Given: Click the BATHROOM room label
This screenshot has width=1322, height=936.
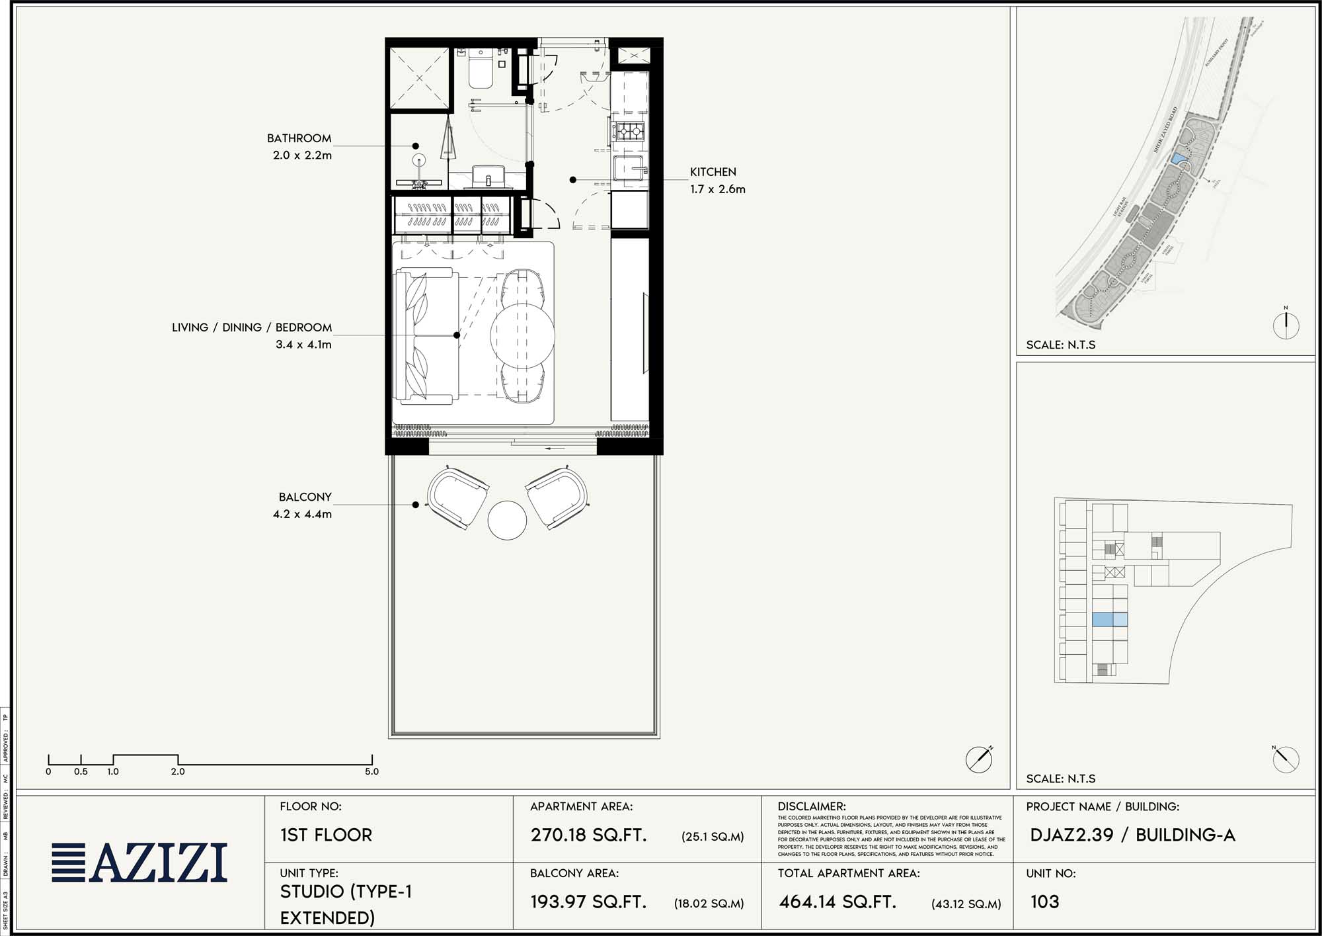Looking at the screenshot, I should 299,138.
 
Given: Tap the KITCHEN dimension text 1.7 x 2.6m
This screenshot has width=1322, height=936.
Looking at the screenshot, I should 717,189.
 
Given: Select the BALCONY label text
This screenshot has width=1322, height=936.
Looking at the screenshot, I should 305,497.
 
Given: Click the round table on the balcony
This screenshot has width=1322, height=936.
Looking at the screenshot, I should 507,520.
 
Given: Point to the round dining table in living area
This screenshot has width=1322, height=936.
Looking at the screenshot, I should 522,335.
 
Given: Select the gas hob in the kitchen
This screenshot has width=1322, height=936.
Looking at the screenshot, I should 629,130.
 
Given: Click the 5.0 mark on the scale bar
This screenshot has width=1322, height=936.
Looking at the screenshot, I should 371,771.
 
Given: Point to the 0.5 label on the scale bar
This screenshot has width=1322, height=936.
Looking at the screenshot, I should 81,771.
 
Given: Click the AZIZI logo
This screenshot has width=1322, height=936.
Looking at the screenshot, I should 140,863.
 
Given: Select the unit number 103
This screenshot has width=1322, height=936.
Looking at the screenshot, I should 1044,902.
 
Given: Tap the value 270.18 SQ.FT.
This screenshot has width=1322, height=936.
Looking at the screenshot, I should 588,835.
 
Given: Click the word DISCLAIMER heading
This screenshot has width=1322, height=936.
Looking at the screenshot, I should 812,806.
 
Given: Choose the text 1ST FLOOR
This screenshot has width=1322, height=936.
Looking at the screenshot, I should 326,835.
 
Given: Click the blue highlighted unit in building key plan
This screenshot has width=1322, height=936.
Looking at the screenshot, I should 1109,620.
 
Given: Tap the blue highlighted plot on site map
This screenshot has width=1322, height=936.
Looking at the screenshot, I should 1178,159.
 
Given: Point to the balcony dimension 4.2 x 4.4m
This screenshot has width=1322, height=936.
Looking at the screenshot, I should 302,514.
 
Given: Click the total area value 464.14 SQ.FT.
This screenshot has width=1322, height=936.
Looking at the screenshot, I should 837,902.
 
